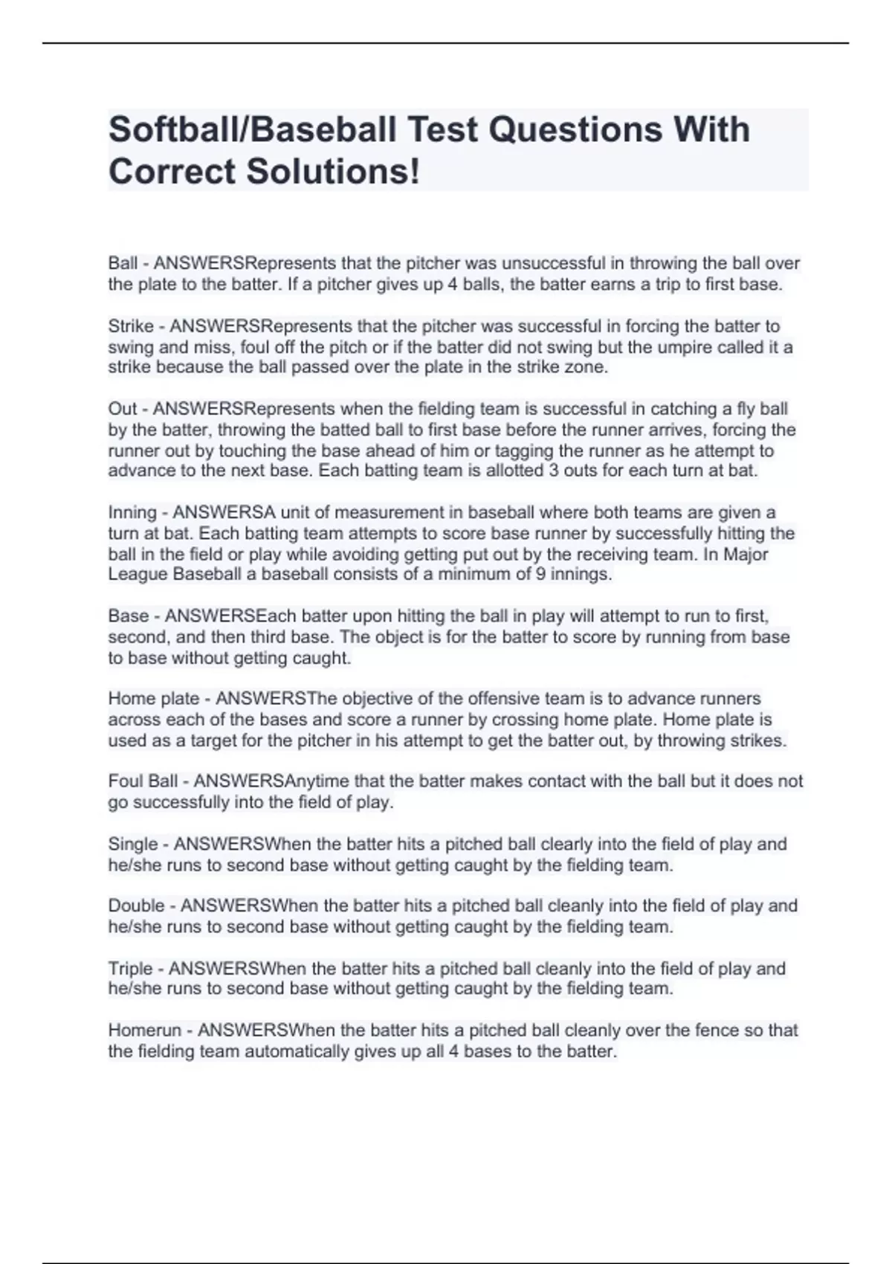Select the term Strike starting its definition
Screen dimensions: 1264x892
pos(131,326)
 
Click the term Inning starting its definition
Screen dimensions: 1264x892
pos(132,513)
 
